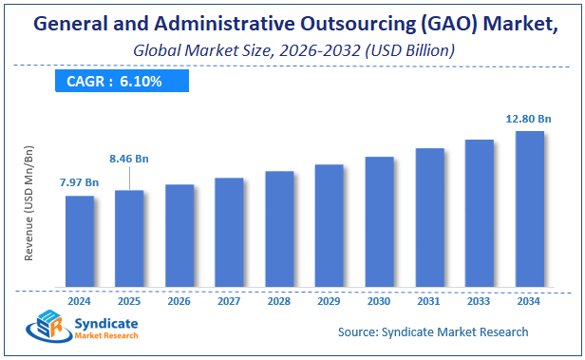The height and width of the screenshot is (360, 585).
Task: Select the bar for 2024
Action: [80, 241]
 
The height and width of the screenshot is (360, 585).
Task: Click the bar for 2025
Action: [129, 238]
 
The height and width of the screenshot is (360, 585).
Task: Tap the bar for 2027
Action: [229, 232]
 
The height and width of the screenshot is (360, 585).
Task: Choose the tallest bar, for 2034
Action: [529, 209]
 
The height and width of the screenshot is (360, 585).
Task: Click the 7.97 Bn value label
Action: [80, 181]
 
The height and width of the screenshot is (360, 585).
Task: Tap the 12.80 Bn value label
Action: [527, 119]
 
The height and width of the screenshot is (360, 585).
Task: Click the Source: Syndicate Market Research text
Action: [433, 332]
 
